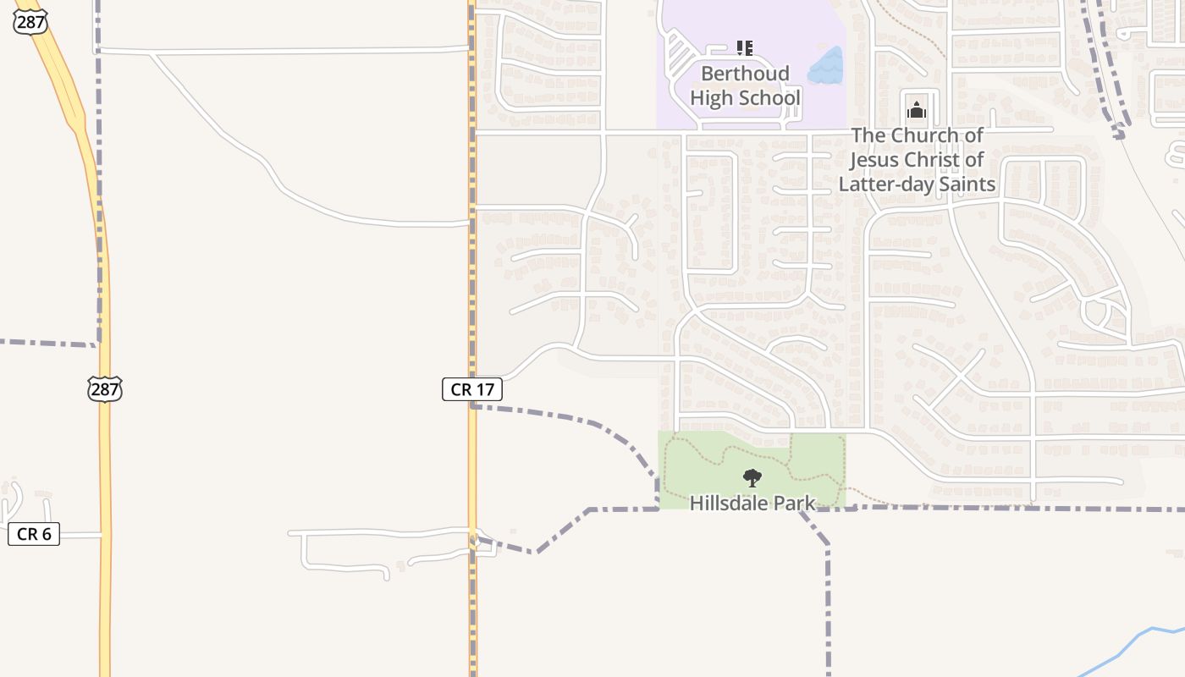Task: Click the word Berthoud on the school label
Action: [745, 74]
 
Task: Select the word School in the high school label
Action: [769, 98]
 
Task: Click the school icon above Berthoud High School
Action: [744, 48]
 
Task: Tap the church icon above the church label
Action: [917, 109]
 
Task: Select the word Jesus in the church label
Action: [877, 160]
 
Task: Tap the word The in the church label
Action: [868, 135]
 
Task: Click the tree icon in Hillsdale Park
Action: [752, 478]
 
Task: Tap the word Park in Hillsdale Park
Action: [796, 504]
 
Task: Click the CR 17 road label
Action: [472, 389]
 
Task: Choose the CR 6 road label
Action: [34, 534]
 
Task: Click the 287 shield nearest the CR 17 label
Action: [104, 389]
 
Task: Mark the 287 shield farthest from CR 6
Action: [30, 22]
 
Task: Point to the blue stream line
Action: [1126, 647]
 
